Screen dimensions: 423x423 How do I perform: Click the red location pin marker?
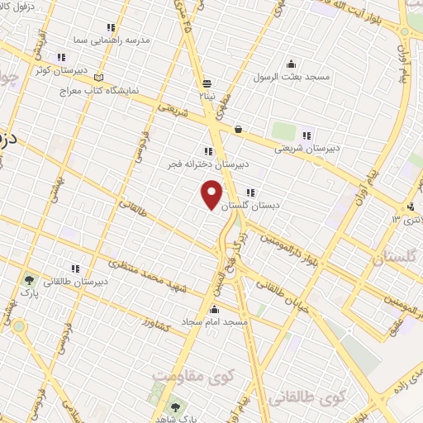tap(212, 194)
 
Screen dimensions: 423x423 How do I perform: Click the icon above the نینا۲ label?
tap(206, 83)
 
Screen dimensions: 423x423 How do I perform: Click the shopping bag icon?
tap(238, 129)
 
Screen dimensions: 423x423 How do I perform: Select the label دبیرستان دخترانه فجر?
tap(202, 164)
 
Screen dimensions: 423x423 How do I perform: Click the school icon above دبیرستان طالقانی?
tap(75, 269)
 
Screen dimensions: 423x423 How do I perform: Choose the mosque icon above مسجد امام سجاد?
tap(216, 309)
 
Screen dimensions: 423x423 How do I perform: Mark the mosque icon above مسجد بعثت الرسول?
tap(290, 64)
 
